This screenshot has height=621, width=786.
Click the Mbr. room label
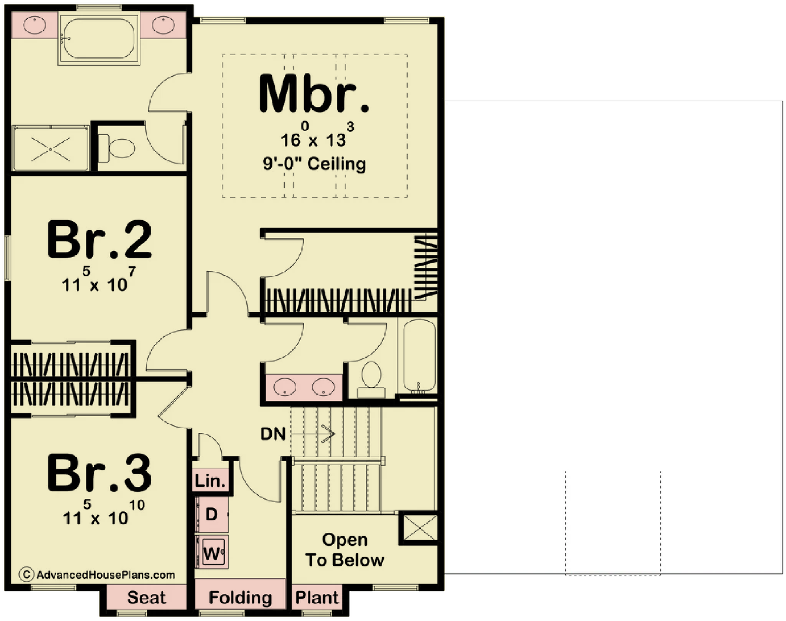point(314,94)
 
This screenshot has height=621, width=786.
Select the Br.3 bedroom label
point(99,472)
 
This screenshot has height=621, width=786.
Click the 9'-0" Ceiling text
point(314,164)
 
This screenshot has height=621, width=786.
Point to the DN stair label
point(273,434)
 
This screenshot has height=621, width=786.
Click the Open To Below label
point(345,550)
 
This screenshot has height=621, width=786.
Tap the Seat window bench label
point(147,597)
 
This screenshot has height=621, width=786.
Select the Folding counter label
point(240,598)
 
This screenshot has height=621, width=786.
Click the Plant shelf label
point(317,597)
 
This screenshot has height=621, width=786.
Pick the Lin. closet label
point(210,481)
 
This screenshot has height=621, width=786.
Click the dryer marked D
point(212,514)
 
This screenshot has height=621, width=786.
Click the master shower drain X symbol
point(51,149)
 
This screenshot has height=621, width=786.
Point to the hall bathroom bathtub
point(419,356)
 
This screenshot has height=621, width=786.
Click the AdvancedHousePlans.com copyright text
point(97,575)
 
